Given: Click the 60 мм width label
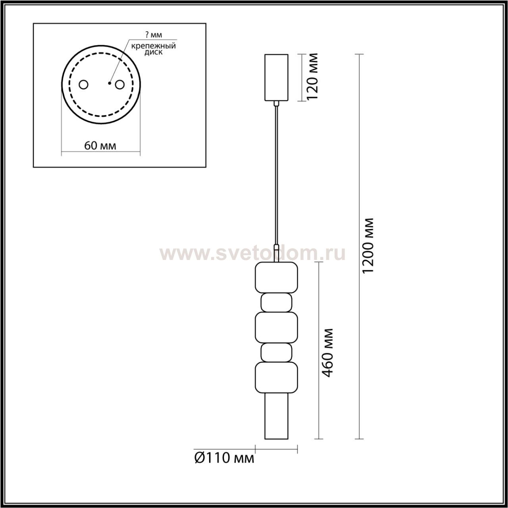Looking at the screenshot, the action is (x=100, y=146).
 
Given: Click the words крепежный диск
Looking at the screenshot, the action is (x=154, y=49).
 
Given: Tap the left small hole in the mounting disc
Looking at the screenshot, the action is (x=84, y=85).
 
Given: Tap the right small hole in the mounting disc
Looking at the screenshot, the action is (x=120, y=85).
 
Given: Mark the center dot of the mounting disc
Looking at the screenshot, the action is (x=109, y=84).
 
